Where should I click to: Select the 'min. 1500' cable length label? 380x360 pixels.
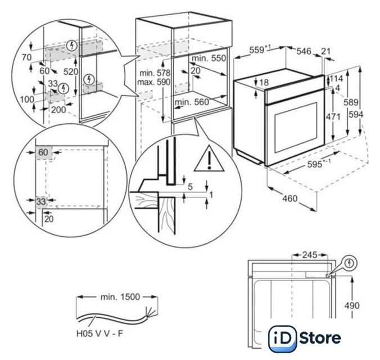[x=116, y=296]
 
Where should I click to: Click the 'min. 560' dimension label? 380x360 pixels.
[x=192, y=102]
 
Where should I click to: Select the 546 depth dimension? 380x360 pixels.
[x=304, y=51]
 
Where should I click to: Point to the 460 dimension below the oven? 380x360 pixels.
[x=290, y=199]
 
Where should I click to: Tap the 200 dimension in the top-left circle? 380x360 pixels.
[x=58, y=110]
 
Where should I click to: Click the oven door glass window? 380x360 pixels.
[x=294, y=129]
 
